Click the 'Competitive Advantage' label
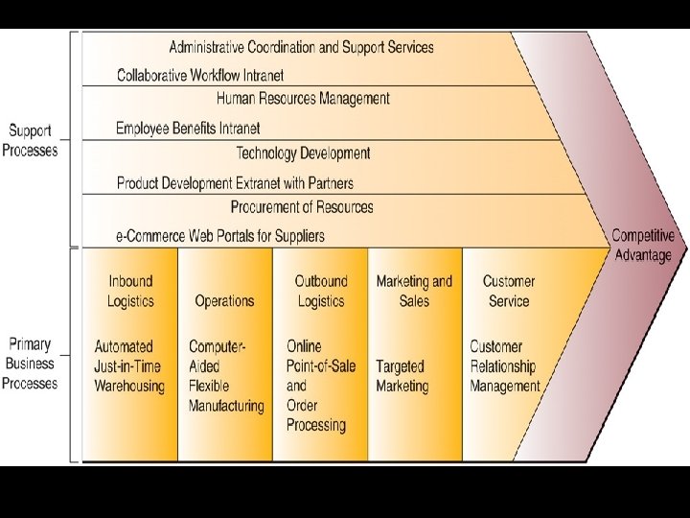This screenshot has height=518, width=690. coord(642,245)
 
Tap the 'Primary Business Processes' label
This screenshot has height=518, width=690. coord(30,364)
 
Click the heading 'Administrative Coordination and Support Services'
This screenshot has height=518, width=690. coord(301,47)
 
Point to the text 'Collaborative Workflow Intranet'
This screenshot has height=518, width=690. coord(200,75)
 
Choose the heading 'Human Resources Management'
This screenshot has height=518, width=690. coord(303,99)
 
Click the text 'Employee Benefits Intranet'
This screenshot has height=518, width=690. coord(188,128)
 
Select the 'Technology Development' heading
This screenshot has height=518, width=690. coord(303,153)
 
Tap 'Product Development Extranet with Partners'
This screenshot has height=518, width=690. coord(235,182)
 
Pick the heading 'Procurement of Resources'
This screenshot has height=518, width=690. coord(302,207)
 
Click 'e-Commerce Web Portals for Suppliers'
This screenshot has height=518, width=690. coord(220,236)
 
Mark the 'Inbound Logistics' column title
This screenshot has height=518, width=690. coord(130,291)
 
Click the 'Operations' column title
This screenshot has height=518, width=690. coord(224,301)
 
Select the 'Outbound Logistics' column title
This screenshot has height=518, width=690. coord(320,291)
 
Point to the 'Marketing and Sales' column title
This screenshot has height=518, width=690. coord(414,291)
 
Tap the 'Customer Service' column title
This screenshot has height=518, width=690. coord(509,291)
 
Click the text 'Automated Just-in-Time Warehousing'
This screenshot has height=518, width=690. coord(129,366)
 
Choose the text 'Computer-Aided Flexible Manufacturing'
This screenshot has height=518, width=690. coord(226,376)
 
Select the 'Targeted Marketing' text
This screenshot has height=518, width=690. coord(402,376)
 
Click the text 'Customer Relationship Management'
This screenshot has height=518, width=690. coord(505,366)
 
